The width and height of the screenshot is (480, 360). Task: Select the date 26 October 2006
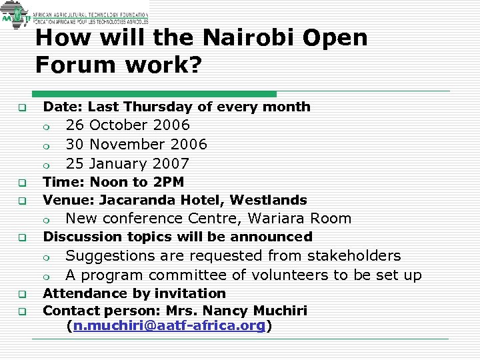127,125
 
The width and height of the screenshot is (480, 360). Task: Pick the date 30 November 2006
136,145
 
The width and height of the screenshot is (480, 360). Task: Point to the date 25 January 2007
127,164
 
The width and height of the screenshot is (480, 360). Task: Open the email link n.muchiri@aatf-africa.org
169,326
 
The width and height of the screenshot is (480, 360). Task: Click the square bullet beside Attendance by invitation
21,294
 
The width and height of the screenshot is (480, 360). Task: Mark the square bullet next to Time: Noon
21,183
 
